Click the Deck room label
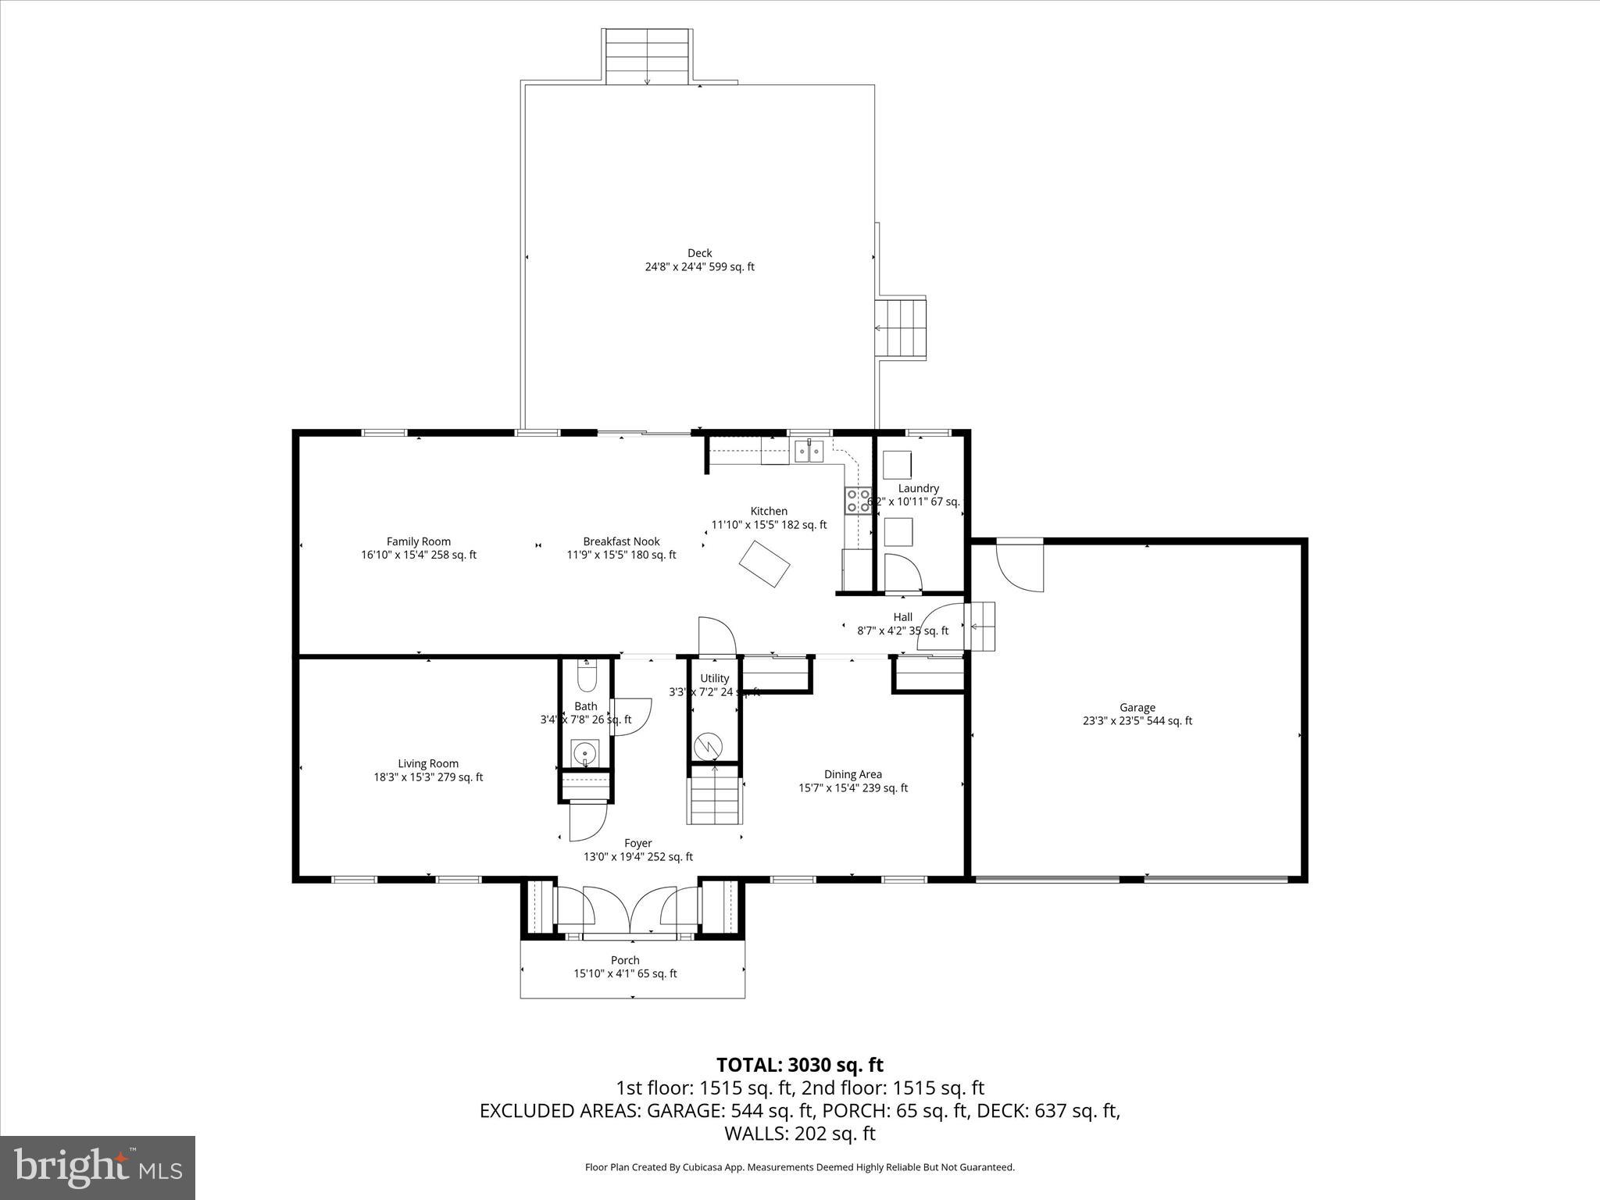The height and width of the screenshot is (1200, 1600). tap(699, 253)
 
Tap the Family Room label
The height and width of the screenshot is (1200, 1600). tap(419, 541)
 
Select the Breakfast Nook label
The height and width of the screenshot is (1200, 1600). tap(621, 541)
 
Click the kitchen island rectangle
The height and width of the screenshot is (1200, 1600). tap(766, 563)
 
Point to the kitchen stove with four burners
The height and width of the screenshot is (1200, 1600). tap(857, 501)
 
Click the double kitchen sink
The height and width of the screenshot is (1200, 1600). tap(809, 452)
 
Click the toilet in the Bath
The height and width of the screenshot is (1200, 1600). tap(586, 676)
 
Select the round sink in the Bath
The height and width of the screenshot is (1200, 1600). tap(584, 754)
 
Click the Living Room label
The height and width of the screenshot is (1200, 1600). tap(428, 764)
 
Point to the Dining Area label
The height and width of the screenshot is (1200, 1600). tap(852, 774)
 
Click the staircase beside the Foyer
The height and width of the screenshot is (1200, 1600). tap(714, 795)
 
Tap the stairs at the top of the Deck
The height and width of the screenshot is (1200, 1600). tap(646, 56)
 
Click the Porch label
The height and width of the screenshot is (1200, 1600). tap(625, 960)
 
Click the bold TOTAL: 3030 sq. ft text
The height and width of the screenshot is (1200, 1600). tap(799, 1065)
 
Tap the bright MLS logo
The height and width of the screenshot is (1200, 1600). tap(98, 1167)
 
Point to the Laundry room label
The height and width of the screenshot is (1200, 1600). tap(918, 488)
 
